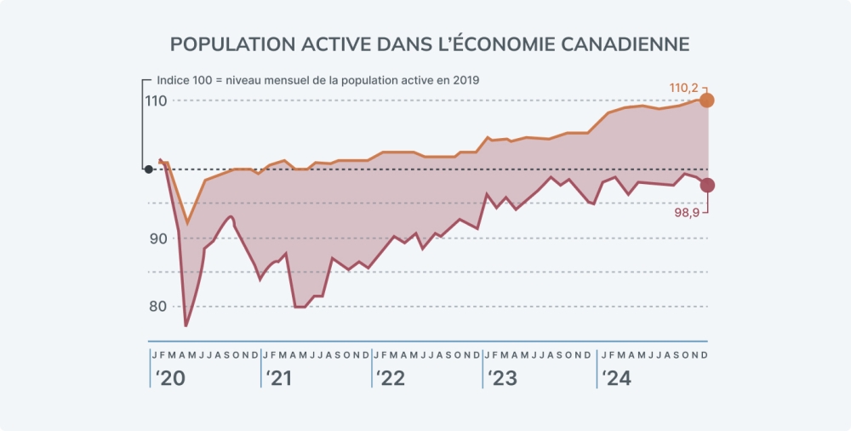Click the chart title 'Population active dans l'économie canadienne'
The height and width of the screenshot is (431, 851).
coord(430,44)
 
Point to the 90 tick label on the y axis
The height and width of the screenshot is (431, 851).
coord(157,238)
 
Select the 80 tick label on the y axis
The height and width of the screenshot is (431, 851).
coord(157,307)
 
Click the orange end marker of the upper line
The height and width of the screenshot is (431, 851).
coord(706,101)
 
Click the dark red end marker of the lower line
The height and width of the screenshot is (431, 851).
coord(706,185)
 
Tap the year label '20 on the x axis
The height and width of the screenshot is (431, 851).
coord(168,379)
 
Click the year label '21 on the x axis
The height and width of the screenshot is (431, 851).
coord(279,379)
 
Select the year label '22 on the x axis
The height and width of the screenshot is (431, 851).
coord(391,379)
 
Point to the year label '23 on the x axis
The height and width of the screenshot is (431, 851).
coord(502,379)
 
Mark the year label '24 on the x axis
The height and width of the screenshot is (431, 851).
coord(616,379)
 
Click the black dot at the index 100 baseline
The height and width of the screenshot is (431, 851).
coord(149,170)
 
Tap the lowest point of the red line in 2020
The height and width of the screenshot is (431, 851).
coord(186,325)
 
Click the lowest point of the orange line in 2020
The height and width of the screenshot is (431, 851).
coord(188,223)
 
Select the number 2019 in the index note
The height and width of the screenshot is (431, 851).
coord(465,80)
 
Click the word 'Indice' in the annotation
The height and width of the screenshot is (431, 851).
coord(174,80)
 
